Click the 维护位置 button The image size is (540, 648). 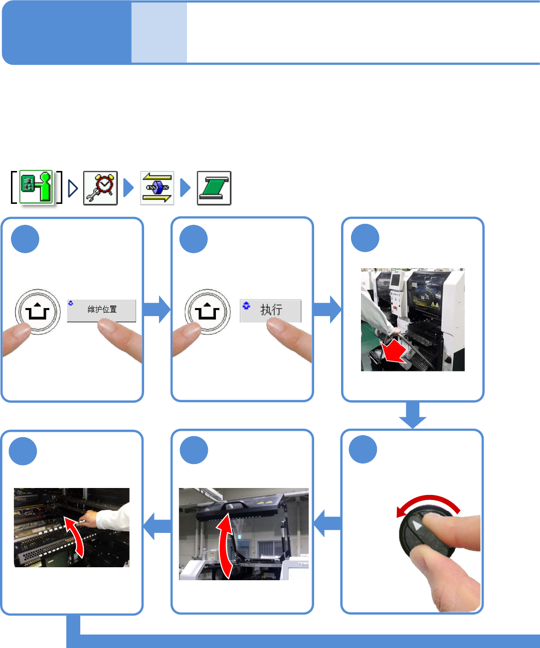tap(102, 311)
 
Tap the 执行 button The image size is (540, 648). tap(270, 311)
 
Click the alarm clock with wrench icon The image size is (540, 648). tap(100, 188)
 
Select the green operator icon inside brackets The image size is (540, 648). tap(36, 187)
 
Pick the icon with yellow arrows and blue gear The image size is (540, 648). tap(157, 188)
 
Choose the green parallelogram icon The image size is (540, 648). tap(214, 188)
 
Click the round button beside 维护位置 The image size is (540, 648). tap(38, 312)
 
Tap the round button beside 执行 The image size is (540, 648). tap(207, 312)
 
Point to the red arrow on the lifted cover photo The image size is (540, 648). tap(225, 546)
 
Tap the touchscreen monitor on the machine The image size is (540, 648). tap(396, 280)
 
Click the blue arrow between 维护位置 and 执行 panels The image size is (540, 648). tap(157, 310)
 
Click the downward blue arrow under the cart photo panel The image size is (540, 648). tap(413, 415)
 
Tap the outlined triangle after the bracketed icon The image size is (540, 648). tap(73, 188)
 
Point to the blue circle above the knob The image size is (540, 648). tap(362, 450)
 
